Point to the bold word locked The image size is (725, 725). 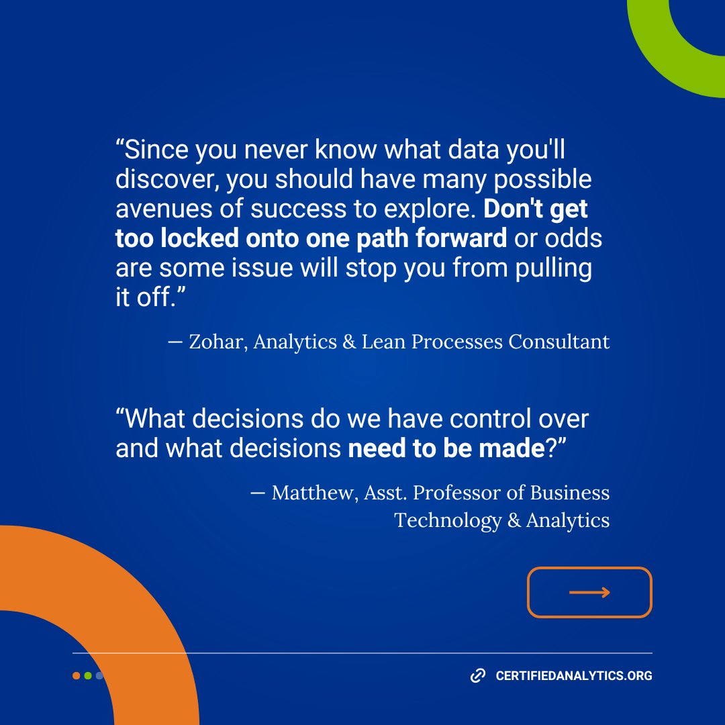click(192, 238)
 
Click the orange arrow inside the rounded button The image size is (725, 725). click(589, 592)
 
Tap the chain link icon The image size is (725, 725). click(477, 675)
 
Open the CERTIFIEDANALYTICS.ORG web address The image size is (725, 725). click(573, 676)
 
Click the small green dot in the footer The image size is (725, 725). click(88, 676)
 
